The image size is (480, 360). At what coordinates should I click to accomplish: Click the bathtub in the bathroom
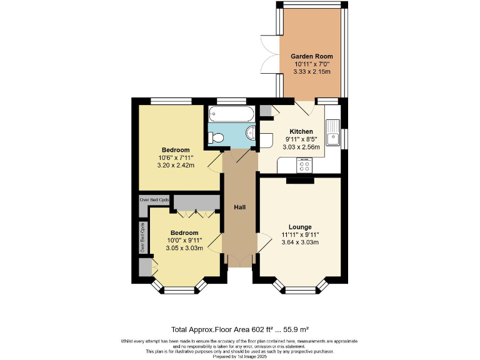(231, 114)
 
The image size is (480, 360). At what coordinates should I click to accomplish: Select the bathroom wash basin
(250, 132)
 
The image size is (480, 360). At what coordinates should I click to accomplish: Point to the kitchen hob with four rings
(305, 165)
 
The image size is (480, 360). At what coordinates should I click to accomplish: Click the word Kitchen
(301, 131)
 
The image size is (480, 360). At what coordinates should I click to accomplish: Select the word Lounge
(300, 226)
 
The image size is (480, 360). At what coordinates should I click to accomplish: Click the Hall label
(240, 207)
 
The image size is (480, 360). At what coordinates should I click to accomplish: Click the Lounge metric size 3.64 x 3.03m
(300, 242)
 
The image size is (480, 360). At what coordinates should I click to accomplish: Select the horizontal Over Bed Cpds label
(154, 199)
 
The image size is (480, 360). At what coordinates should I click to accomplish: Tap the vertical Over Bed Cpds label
(142, 237)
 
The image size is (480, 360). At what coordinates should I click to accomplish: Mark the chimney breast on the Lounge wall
(300, 181)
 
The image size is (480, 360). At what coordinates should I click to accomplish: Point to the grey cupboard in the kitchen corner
(266, 111)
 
